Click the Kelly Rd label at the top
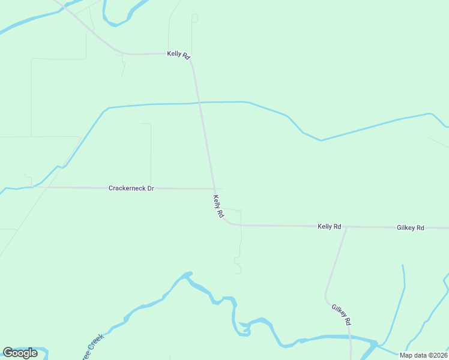click(178, 55)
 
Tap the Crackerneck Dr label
click(131, 188)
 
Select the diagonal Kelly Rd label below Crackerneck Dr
click(218, 206)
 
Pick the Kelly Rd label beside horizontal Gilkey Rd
click(329, 227)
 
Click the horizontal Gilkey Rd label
click(410, 228)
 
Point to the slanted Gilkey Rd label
click(341, 314)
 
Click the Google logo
click(20, 353)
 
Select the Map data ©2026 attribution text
click(423, 355)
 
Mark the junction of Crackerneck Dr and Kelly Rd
click(213, 189)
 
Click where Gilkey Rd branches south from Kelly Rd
click(347, 227)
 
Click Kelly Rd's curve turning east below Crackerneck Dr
click(227, 223)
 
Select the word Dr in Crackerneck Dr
click(150, 188)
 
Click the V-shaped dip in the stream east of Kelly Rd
click(321, 140)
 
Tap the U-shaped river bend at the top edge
click(115, 23)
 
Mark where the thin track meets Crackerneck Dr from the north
click(151, 188)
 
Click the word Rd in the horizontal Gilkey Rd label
click(420, 228)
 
